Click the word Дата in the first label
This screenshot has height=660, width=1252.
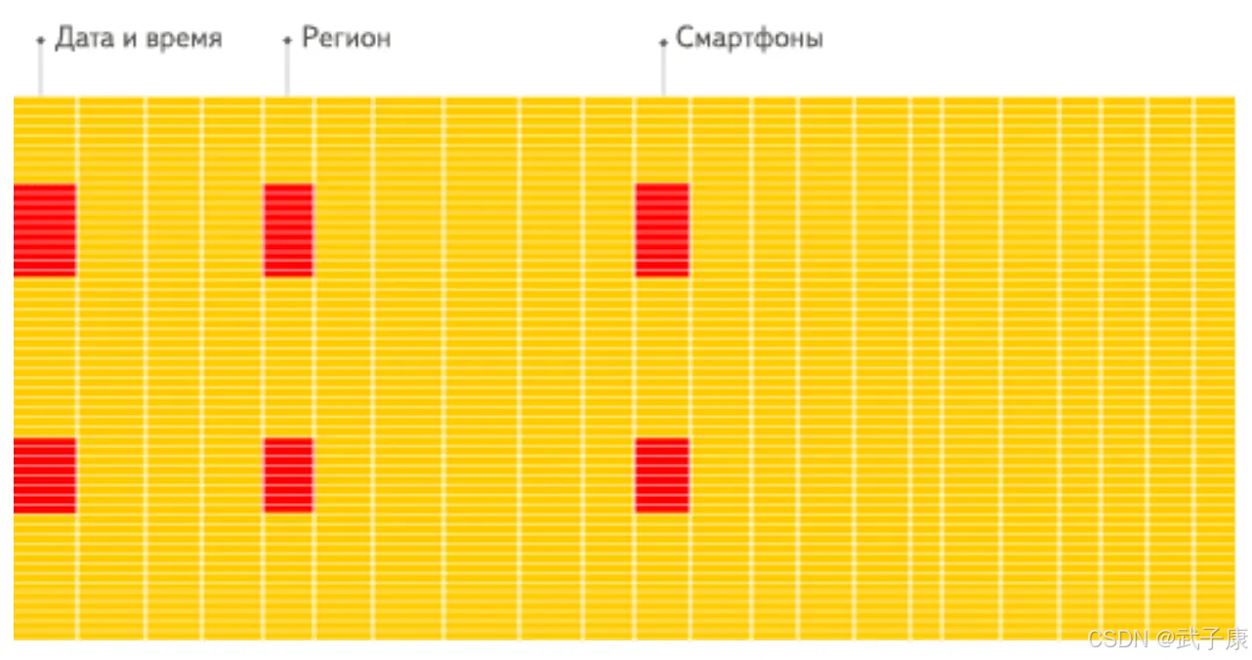pyautogui.click(x=81, y=39)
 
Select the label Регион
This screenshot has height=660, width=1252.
pyautogui.click(x=346, y=39)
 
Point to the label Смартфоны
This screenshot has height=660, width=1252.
pyautogui.click(x=749, y=39)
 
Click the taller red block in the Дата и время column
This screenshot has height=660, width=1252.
pyautogui.click(x=45, y=229)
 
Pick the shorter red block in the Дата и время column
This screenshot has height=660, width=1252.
pyautogui.click(x=45, y=475)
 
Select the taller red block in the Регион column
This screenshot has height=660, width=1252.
pyautogui.click(x=288, y=229)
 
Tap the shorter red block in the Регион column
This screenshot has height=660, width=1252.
pyautogui.click(x=288, y=475)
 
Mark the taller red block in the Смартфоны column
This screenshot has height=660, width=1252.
pyautogui.click(x=662, y=229)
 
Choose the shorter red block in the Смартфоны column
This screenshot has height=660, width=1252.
pyautogui.click(x=662, y=475)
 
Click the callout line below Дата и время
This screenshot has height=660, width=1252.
pyautogui.click(x=40, y=68)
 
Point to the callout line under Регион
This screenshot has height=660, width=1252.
pyautogui.click(x=287, y=68)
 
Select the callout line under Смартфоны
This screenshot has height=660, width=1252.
pyautogui.click(x=663, y=68)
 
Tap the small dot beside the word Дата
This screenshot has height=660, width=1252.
pyautogui.click(x=40, y=41)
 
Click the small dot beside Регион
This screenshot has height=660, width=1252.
pyautogui.click(x=287, y=41)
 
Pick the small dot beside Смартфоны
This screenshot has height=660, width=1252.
pyautogui.click(x=663, y=42)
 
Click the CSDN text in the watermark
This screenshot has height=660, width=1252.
pyautogui.click(x=1119, y=639)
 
